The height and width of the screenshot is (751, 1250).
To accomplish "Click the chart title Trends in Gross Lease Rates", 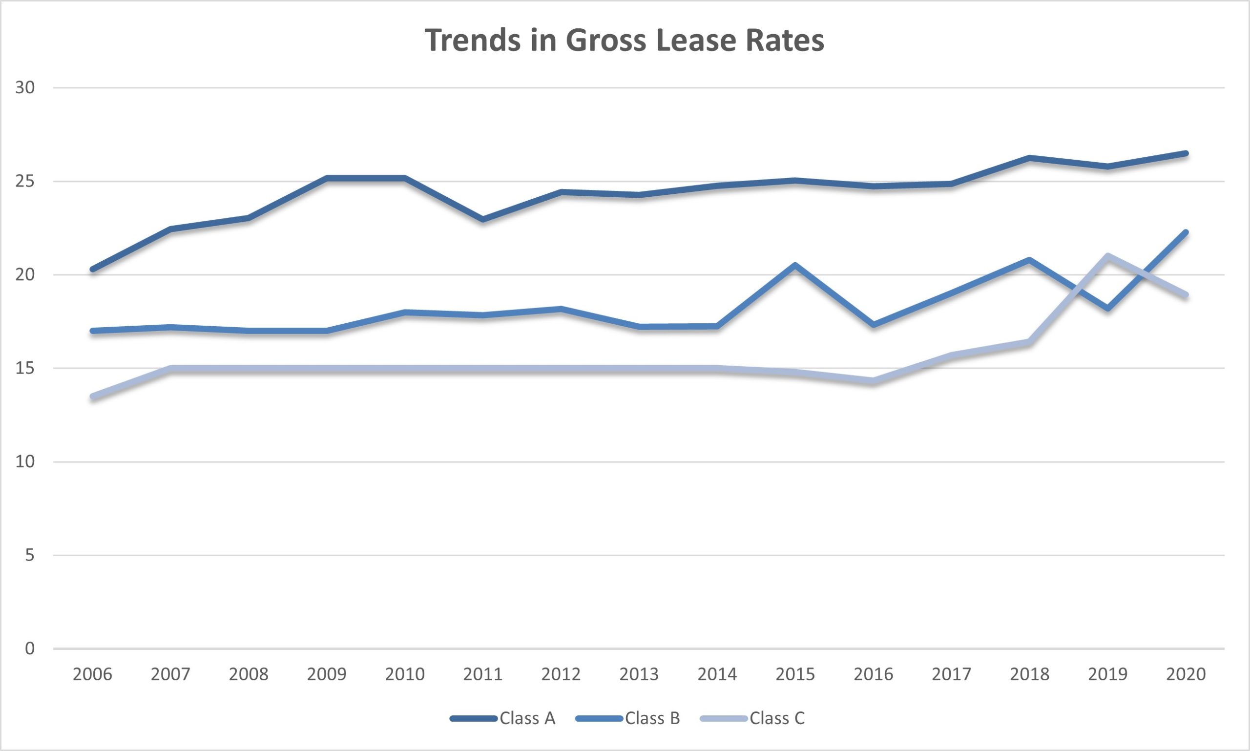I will click(625, 41).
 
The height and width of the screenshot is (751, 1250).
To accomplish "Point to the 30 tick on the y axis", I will click(25, 87).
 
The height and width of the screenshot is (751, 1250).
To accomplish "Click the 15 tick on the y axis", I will click(25, 368).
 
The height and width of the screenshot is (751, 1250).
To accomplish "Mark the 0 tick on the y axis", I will click(30, 648).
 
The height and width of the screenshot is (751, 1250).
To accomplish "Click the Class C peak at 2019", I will click(1108, 256).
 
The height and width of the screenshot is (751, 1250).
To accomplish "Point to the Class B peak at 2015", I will click(795, 265).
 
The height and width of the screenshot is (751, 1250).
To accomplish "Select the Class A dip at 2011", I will click(483, 220).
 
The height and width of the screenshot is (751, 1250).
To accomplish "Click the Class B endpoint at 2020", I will click(1186, 232).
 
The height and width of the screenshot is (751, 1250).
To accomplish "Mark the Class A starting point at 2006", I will click(93, 269).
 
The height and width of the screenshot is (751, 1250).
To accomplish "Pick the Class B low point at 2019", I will click(1108, 308).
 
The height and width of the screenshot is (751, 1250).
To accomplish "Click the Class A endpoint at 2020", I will click(1186, 153).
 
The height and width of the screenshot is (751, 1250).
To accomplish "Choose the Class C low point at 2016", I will click(874, 381).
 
